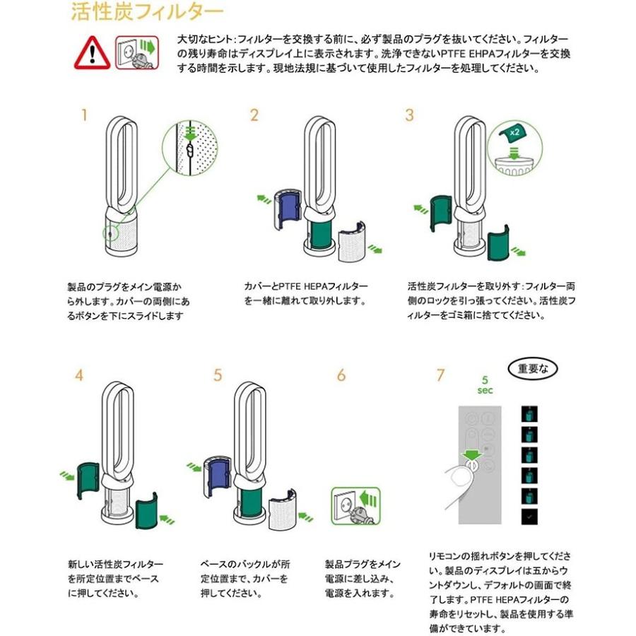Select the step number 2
point(254,115)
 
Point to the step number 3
point(409,115)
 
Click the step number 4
point(78,375)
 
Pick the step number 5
point(218,375)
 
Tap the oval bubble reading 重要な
point(532,368)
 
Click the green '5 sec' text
point(485,384)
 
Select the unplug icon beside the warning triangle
point(136,52)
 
